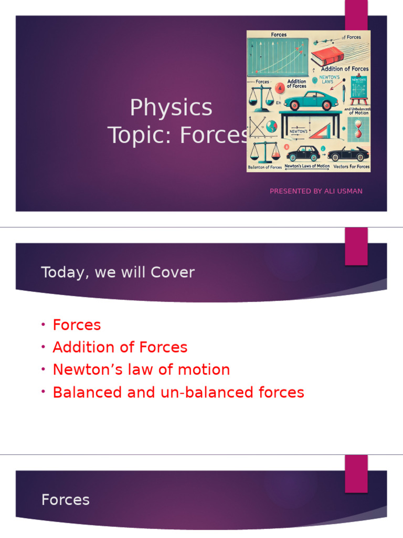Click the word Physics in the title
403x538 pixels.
pos(171,108)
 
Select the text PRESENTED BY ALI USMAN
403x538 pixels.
pos(316,191)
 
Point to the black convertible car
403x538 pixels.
pos(348,153)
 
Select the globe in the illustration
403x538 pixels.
pos(271,126)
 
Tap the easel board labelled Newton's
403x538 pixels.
pos(359,87)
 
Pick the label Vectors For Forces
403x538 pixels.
pos(351,167)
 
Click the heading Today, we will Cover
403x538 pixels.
pos(118,272)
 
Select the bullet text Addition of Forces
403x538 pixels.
pos(120,347)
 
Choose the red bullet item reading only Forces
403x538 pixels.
pos(77,325)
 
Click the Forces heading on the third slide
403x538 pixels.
pos(66,500)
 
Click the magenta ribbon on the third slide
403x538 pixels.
pos(356,473)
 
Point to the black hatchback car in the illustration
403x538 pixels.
pos(303,154)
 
